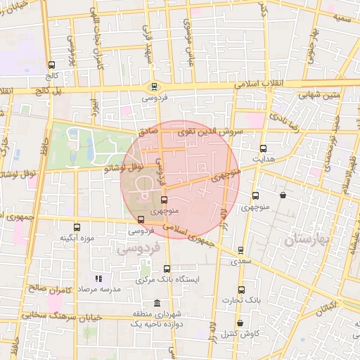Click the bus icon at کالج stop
[x=51, y=65]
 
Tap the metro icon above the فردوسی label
[x=154, y=87]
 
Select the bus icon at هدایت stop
[x=263, y=149]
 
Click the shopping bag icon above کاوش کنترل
[x=240, y=323]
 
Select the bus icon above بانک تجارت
[x=241, y=290]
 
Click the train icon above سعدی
[x=240, y=250]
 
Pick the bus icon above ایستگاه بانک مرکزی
[x=167, y=269]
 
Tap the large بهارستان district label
[x=307, y=240]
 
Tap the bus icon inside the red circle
[x=165, y=200]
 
